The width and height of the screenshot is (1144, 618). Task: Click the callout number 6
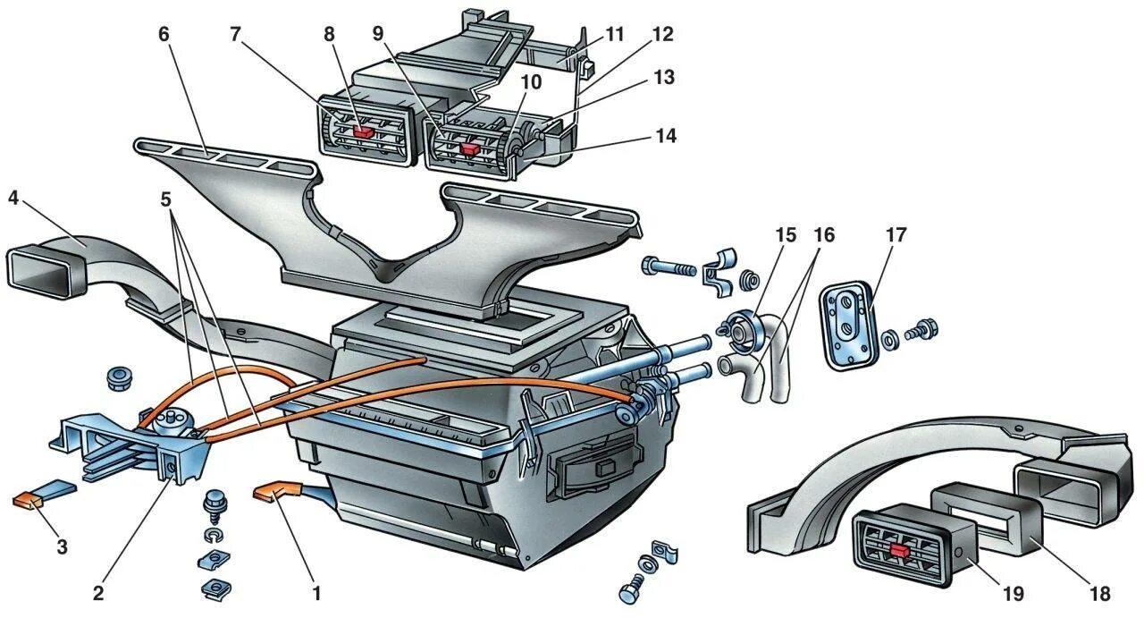(x=163, y=35)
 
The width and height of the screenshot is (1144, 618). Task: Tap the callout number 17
(x=896, y=236)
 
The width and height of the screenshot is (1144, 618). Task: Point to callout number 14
(x=664, y=136)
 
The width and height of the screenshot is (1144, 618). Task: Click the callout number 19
(x=1012, y=594)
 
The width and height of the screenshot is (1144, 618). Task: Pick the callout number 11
(x=614, y=35)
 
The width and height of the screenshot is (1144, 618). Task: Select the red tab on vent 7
(x=363, y=131)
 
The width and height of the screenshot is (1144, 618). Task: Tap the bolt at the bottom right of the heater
(x=629, y=592)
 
